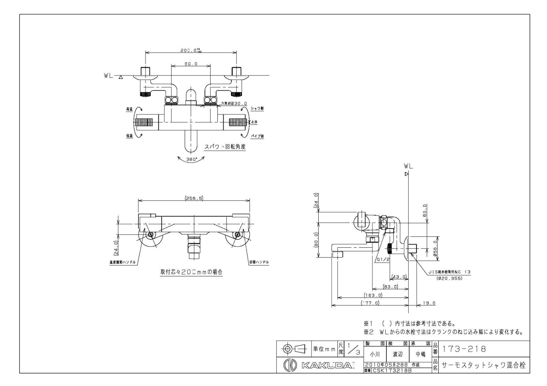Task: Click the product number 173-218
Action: pyautogui.click(x=464, y=349)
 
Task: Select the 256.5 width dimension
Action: pyautogui.click(x=194, y=198)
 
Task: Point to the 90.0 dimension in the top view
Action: pyautogui.click(x=191, y=64)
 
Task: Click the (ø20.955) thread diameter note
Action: pyautogui.click(x=449, y=278)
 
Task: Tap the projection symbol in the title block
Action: pyautogui.click(x=294, y=349)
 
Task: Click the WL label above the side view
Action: pyautogui.click(x=408, y=166)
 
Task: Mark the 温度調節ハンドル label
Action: pyautogui.click(x=121, y=262)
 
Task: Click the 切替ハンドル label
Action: pyautogui.click(x=259, y=262)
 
